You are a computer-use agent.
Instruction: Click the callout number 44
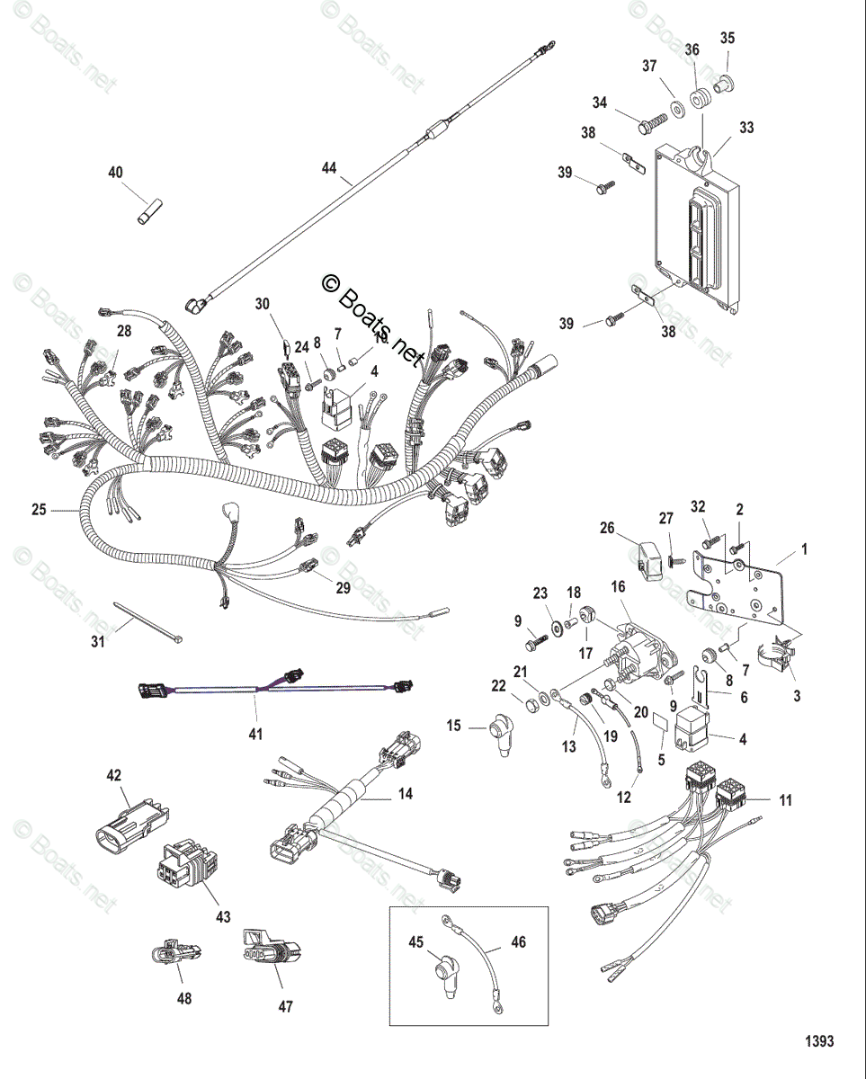[330, 167]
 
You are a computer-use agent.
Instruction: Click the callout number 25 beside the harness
[39, 510]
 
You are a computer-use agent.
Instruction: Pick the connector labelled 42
[129, 822]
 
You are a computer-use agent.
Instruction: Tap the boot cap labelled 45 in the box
[442, 976]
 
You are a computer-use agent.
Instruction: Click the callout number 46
[518, 942]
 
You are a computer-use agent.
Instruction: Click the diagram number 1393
[819, 1041]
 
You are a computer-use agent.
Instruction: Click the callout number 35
[728, 38]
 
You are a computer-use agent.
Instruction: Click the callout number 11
[786, 799]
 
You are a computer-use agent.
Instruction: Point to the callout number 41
[256, 735]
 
